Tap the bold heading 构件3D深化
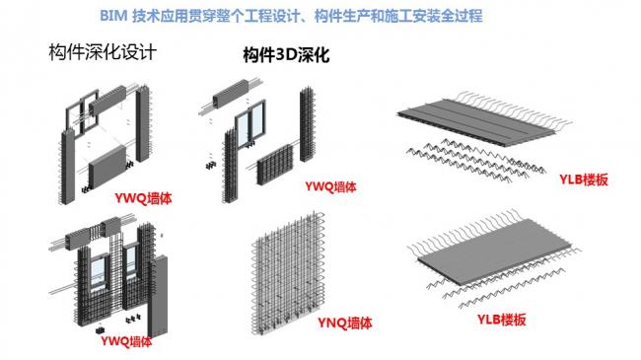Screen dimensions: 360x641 tap(285, 57)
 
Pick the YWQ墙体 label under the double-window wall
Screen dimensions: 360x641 tap(126, 342)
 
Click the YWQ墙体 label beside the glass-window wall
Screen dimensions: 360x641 tap(330, 184)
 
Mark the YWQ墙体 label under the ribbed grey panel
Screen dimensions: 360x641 tap(146, 197)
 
